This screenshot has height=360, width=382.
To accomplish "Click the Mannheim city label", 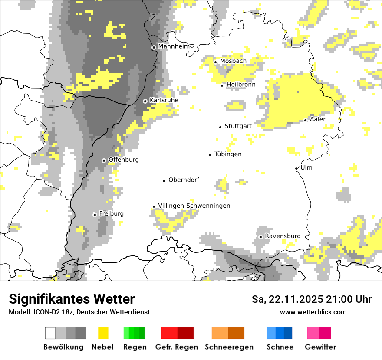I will (x=174, y=46).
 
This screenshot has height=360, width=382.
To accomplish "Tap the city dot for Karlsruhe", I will (x=145, y=101).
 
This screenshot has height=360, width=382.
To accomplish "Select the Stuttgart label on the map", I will (x=238, y=126).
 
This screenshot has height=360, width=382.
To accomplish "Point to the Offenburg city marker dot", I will (x=104, y=160).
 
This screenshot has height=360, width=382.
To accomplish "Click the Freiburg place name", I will (x=111, y=214).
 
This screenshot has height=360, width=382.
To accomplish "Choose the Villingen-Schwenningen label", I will (x=194, y=206).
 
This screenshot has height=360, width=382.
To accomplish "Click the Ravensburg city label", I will (x=283, y=236).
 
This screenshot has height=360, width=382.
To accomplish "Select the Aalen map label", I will (x=318, y=119).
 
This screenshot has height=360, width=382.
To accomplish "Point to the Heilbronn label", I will (x=241, y=85).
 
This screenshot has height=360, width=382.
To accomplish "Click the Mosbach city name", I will (x=233, y=61).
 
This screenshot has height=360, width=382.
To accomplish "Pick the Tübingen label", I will (x=228, y=154).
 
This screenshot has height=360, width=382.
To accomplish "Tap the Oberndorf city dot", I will (x=164, y=180).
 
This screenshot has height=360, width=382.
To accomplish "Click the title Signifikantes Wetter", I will (x=72, y=299).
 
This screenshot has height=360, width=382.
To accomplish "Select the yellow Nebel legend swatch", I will (x=103, y=333).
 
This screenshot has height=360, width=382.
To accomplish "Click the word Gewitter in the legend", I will (x=320, y=347).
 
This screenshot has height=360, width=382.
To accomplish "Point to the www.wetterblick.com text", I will (x=313, y=312).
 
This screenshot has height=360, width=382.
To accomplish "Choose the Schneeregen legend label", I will (x=229, y=347).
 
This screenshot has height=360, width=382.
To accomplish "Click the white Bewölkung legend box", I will (x=50, y=333).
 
